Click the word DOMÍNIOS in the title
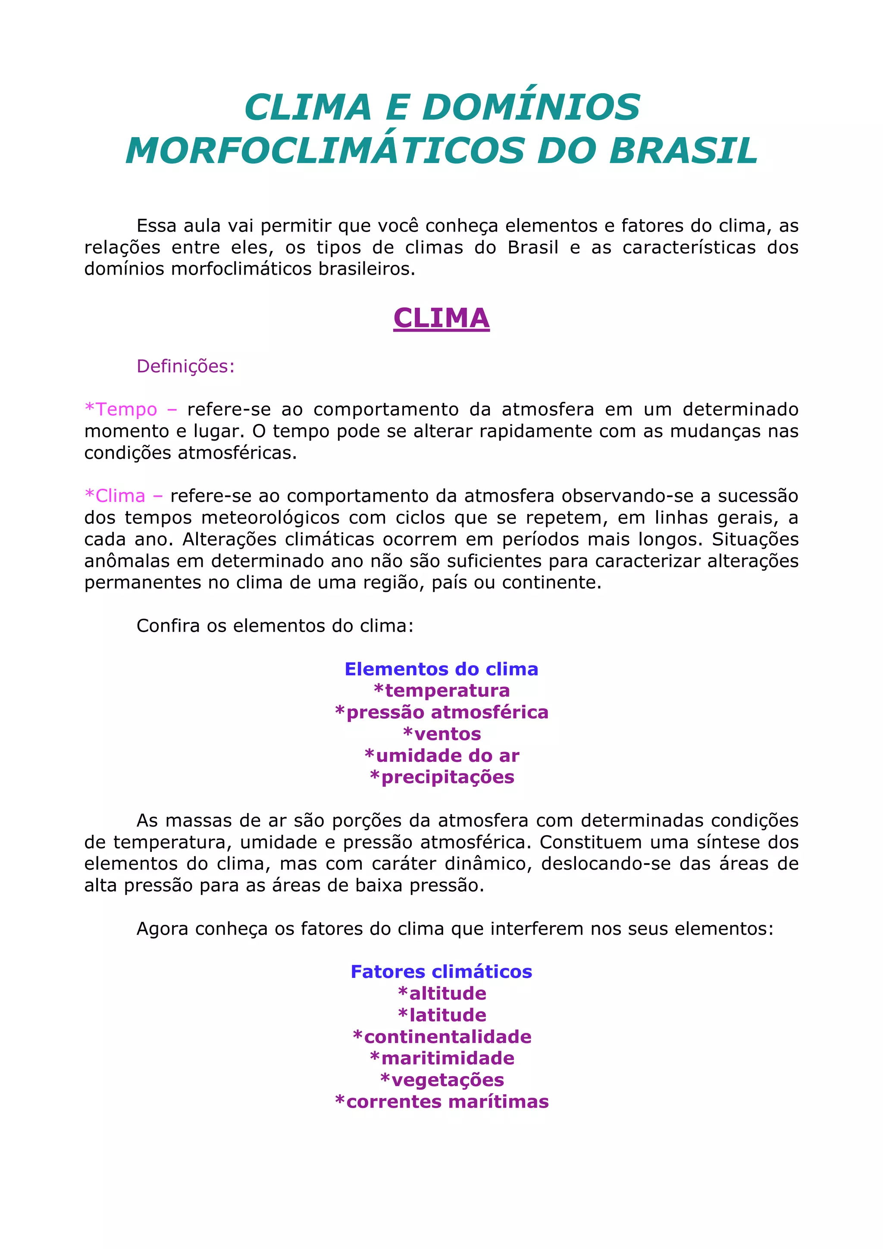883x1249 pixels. coord(531,107)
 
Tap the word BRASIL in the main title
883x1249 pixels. coord(683,151)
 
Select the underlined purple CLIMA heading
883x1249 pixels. coord(441,318)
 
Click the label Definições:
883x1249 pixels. coord(185,366)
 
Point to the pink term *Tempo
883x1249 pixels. coord(121,409)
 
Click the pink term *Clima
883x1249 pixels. coord(116,495)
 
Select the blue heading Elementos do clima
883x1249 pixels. coord(441,669)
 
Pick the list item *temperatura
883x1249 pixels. coord(441,691)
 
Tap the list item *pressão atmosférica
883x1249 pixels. coord(441,713)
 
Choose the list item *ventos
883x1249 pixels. coord(441,734)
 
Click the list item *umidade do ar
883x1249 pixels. coord(441,756)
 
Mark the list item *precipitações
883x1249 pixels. coord(441,777)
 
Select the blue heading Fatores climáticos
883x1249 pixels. coord(441,972)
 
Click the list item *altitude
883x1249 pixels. coord(441,993)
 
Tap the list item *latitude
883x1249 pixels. coord(441,1015)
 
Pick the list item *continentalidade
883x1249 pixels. coord(441,1037)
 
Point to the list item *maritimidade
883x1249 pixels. coord(441,1058)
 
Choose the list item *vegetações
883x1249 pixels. coord(441,1080)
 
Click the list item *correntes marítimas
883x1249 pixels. coord(441,1102)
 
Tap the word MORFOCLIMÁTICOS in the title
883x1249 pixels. coord(325,151)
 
